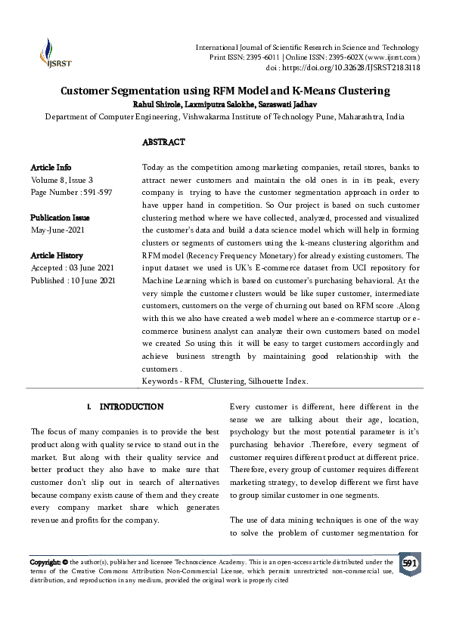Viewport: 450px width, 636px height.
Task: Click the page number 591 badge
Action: click(409, 564)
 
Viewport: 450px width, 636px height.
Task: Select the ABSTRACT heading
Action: click(163, 142)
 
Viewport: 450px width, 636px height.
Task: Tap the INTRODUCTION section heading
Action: click(131, 406)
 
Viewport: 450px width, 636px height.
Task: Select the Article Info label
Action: click(51, 167)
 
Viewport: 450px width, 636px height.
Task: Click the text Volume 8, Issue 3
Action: click(62, 180)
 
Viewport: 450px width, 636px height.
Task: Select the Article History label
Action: click(57, 255)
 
